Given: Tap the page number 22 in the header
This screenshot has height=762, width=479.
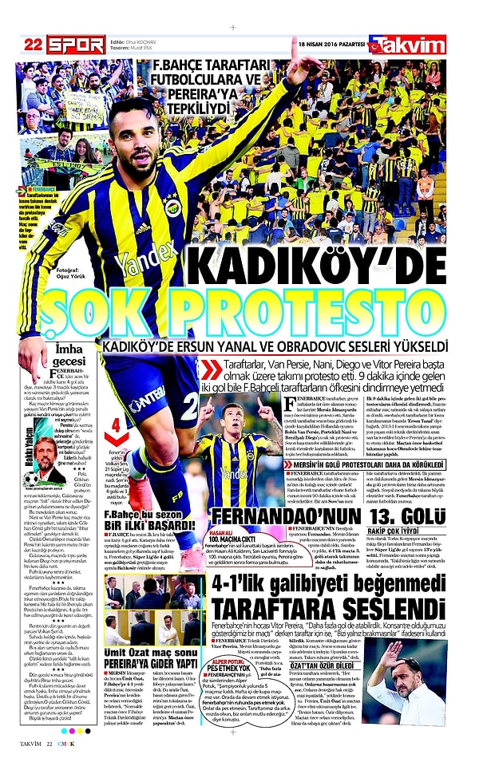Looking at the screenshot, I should (33, 44).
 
